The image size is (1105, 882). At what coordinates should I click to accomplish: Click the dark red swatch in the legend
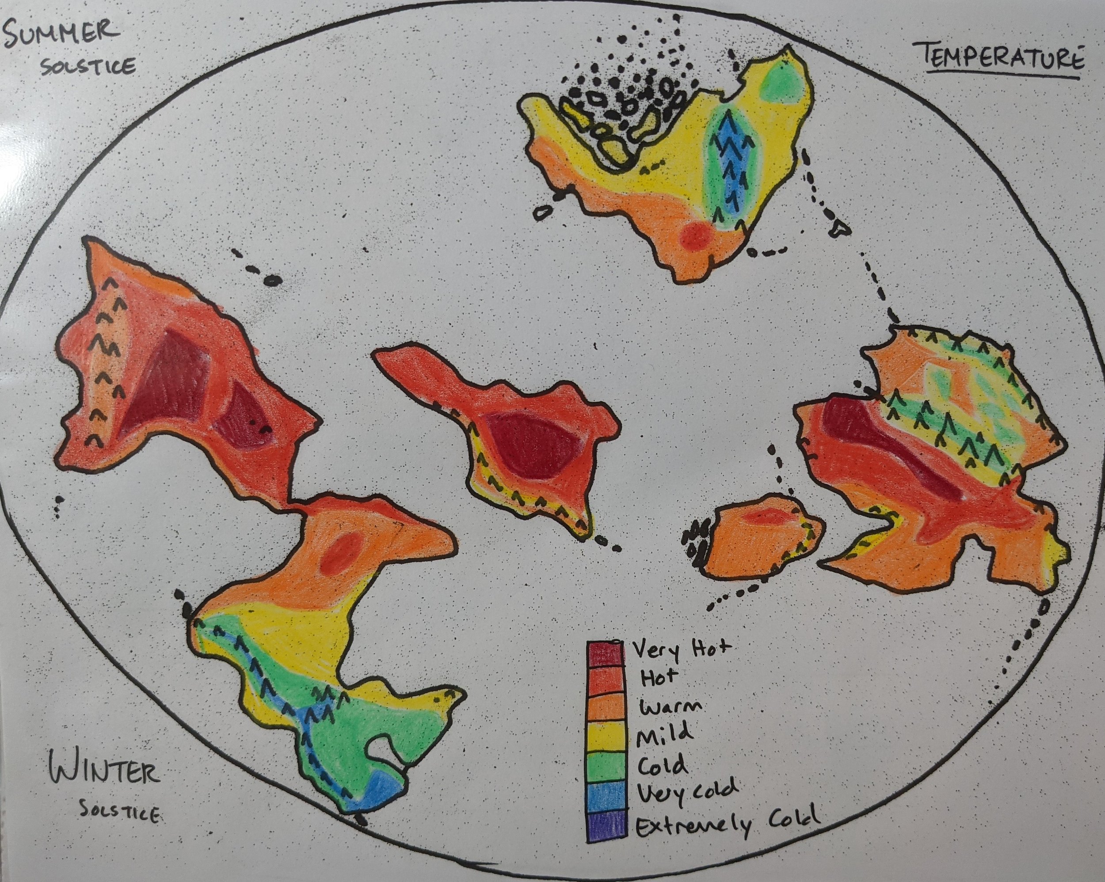pyautogui.click(x=606, y=654)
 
